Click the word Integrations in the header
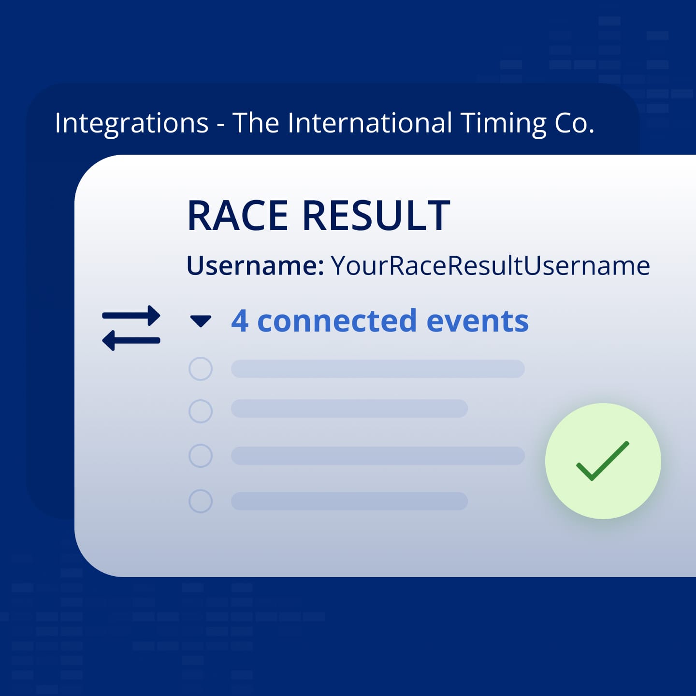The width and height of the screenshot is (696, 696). coord(131,124)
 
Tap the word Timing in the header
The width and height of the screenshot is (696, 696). coord(504,124)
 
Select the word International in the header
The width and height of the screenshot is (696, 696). coord(370,123)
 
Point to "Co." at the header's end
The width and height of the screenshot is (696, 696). coord(574,124)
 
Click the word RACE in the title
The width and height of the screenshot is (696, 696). coord(237,216)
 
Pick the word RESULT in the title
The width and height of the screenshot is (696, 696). coord(376,216)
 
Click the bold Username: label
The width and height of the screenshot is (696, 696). coord(255,266)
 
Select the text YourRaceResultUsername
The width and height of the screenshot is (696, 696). coord(491,266)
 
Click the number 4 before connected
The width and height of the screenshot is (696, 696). coord(240,321)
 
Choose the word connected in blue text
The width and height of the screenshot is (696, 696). coord(337,321)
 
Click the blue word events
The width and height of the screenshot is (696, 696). coord(478,321)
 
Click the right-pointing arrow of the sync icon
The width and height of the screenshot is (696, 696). coord(131,315)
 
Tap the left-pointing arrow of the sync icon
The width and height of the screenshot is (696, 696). coord(131,340)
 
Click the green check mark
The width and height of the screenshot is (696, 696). coord(603,461)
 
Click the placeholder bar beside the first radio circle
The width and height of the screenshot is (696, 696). coord(378,369)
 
